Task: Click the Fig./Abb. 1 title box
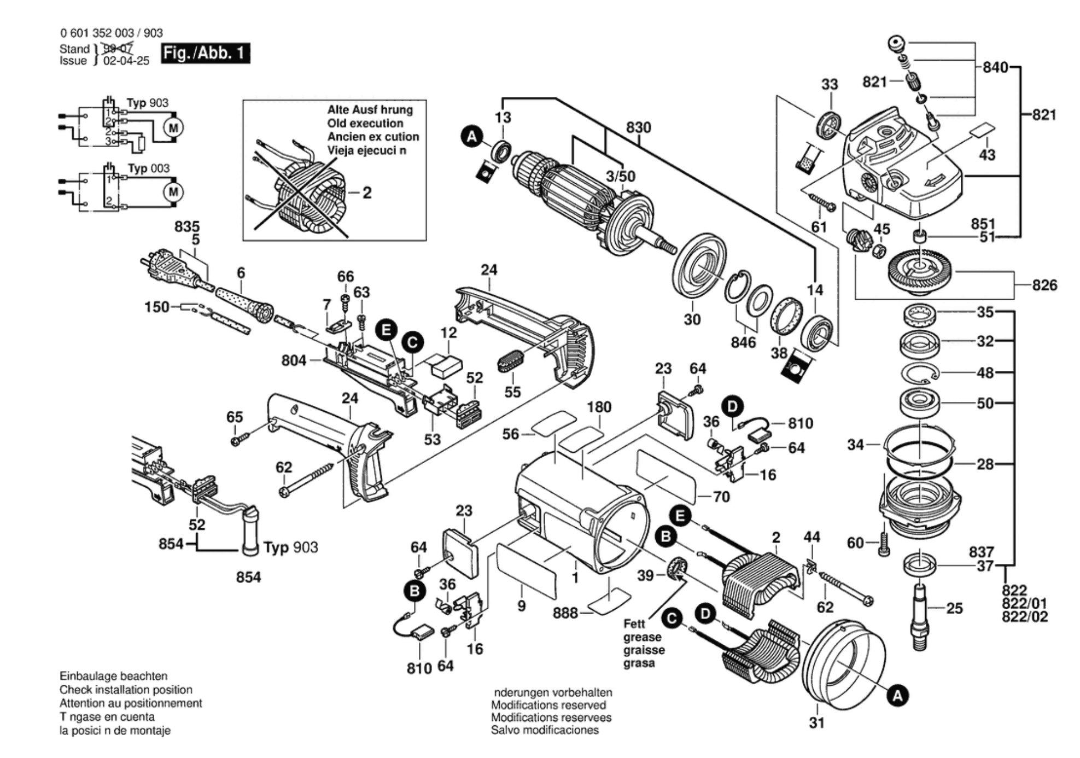(205, 53)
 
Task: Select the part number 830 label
(638, 127)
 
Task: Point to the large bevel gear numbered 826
(919, 269)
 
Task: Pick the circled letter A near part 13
(471, 136)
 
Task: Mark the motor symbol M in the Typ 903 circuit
(173, 128)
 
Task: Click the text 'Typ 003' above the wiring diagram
(148, 168)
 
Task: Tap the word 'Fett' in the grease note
(634, 623)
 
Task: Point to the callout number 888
(565, 613)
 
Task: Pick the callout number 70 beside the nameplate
(721, 497)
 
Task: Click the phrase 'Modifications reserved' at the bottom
(548, 705)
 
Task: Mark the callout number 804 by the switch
(294, 360)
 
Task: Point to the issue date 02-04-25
(126, 61)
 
